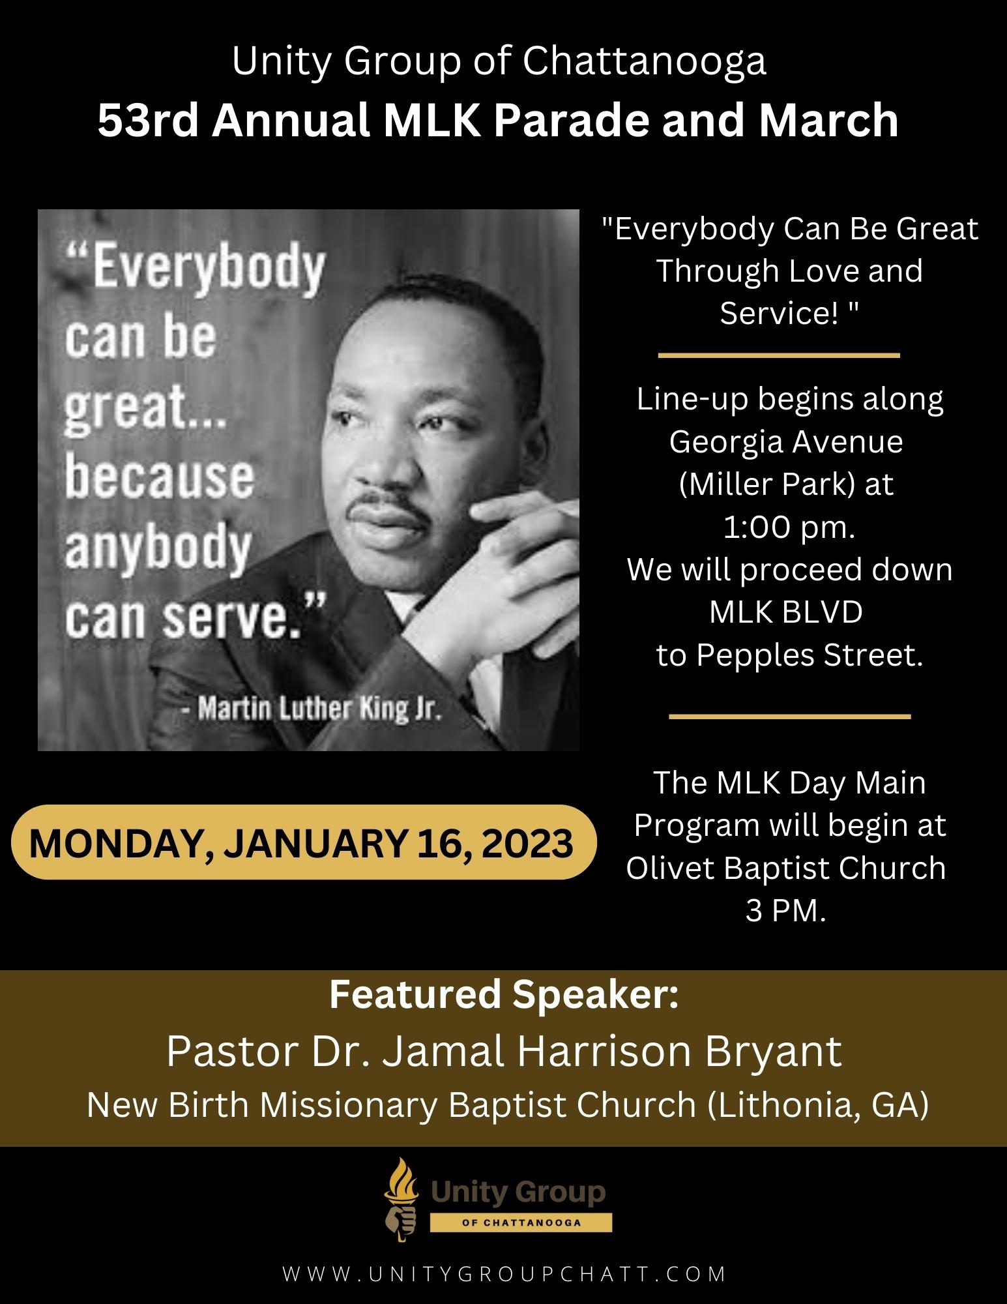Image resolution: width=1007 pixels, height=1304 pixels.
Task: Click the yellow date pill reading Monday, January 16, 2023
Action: click(301, 843)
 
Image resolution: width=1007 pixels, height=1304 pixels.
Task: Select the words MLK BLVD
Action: click(786, 612)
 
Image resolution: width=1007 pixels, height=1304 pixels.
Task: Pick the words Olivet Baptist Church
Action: click(786, 868)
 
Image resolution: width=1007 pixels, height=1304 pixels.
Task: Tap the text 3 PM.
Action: click(786, 910)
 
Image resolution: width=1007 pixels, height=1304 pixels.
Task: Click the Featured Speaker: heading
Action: click(504, 996)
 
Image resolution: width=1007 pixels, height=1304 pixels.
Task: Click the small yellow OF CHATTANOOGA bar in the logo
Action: click(520, 1222)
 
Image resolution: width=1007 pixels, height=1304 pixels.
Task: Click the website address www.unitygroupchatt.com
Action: click(504, 1273)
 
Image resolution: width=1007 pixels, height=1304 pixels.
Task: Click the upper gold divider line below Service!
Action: click(779, 355)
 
